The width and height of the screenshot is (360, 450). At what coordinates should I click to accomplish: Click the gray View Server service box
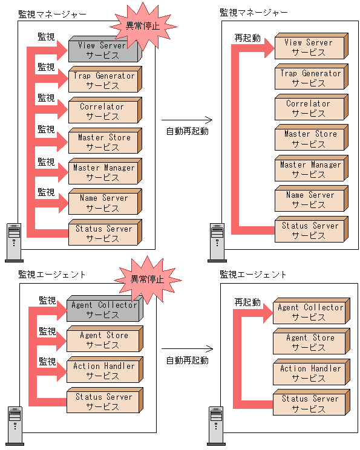click(103, 50)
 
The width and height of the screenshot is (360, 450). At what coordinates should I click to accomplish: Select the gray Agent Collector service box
click(103, 310)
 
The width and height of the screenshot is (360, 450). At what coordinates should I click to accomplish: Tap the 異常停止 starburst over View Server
click(142, 25)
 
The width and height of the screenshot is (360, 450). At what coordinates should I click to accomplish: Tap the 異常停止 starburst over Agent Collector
click(148, 279)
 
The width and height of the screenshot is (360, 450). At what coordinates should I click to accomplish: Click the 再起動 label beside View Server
click(247, 37)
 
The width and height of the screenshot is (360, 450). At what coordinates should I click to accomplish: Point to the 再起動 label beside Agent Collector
click(247, 302)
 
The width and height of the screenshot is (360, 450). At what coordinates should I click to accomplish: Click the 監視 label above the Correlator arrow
click(47, 98)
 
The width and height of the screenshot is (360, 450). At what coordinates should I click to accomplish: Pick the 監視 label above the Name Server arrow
click(47, 192)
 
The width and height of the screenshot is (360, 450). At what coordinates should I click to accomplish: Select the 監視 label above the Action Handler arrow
click(48, 361)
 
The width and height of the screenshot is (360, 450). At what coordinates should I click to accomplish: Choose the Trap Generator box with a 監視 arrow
click(103, 80)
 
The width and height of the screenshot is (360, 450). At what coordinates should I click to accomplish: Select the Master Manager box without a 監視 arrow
click(309, 169)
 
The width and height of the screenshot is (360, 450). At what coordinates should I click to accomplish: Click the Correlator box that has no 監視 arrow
click(309, 108)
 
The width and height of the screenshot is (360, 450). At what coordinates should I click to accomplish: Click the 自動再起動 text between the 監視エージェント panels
click(187, 360)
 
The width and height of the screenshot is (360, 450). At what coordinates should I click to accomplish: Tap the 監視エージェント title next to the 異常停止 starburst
click(52, 274)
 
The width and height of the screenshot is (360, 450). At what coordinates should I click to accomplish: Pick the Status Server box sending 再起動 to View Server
click(309, 230)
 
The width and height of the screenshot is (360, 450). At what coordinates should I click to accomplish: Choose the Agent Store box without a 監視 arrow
click(309, 342)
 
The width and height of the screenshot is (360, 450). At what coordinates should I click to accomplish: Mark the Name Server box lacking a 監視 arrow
click(309, 200)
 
